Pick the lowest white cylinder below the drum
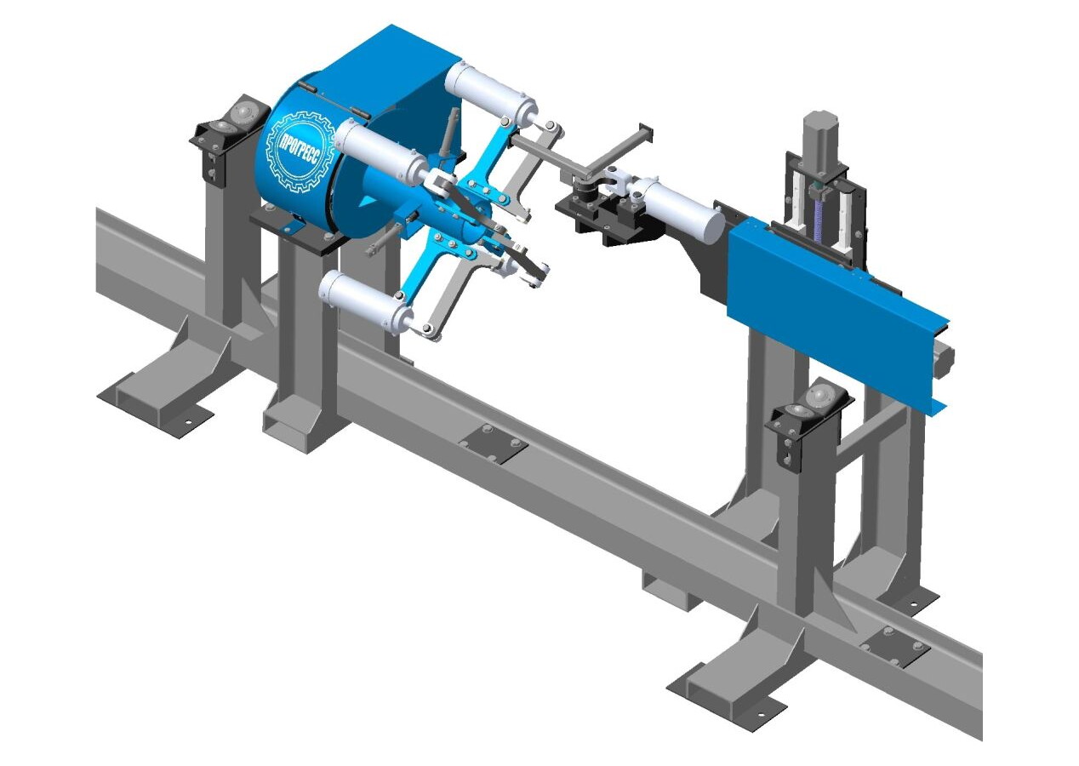pos(366,304)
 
